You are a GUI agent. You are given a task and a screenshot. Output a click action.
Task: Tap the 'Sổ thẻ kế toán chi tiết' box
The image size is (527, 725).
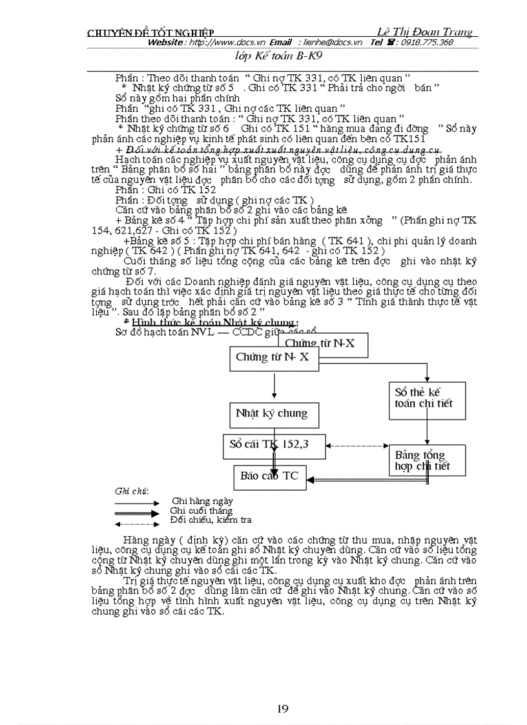424,397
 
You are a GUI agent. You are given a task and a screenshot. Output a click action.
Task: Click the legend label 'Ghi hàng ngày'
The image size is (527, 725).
202,500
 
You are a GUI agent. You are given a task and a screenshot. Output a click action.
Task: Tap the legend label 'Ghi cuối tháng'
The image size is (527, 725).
201,510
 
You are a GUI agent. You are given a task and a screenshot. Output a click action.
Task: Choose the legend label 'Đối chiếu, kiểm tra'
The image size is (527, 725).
211,519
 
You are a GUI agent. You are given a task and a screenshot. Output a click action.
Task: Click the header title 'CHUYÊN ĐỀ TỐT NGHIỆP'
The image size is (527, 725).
150,33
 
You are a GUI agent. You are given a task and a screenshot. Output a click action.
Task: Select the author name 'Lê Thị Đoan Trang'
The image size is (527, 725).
424,32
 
